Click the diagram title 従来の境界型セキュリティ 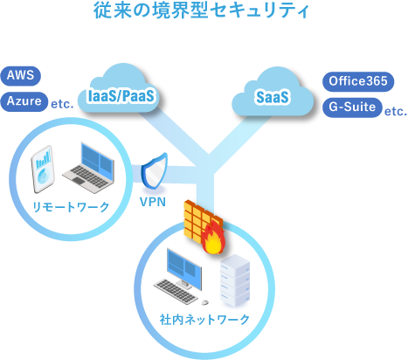coord(201,11)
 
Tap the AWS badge coord(20,76)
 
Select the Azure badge coord(24,101)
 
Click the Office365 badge coord(358,81)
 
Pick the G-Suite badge coord(352,107)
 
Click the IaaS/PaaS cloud coord(121,90)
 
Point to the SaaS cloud coord(273,93)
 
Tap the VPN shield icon coord(154,171)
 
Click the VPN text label coord(153,202)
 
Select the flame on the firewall coord(214,238)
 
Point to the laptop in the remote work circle coord(89,169)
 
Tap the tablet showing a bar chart coord(43,169)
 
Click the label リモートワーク coord(71,207)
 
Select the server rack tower coord(235,280)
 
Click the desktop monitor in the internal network coord(184,268)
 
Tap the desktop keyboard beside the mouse coord(176,292)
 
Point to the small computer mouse coord(205,302)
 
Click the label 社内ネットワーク coord(204,320)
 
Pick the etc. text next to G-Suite coord(396,112)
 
